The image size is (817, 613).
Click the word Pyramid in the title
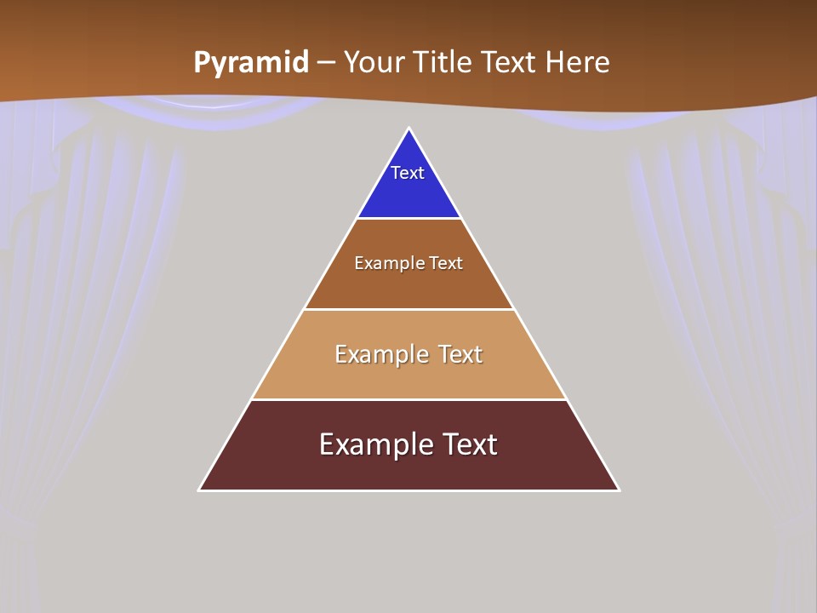251,63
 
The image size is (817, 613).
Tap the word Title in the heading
443,63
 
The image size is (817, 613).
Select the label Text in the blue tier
408,173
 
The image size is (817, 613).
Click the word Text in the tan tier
460,354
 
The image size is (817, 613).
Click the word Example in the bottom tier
373,444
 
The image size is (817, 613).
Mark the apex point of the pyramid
408,129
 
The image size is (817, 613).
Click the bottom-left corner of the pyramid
200,490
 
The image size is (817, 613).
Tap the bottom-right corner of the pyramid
618,490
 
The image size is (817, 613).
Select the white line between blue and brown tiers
408,219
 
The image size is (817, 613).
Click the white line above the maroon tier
408,399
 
